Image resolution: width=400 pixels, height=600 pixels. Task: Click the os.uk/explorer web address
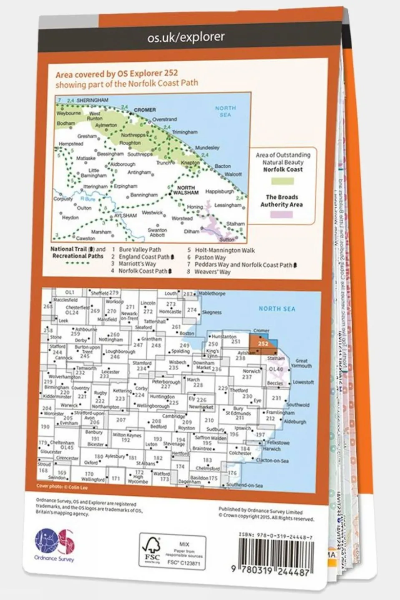coord(186,37)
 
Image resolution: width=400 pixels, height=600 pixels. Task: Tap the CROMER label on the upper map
coord(145,110)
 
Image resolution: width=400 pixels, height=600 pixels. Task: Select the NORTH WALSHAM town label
coord(186,190)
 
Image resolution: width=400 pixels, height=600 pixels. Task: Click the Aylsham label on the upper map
coord(126,216)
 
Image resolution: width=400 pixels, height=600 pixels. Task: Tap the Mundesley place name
coord(207,148)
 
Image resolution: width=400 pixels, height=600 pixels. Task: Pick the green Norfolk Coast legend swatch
coord(282,181)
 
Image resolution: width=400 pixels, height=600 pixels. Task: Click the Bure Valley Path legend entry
coord(140,249)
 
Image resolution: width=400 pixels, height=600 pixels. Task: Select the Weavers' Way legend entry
coord(212,272)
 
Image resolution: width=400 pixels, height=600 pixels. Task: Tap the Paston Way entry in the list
coord(210,257)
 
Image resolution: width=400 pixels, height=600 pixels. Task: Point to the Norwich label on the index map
coord(252,371)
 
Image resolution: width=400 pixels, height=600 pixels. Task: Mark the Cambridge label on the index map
coord(174,416)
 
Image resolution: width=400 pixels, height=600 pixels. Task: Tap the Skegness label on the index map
coord(212,312)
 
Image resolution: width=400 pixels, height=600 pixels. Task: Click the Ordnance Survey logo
coord(54,544)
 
